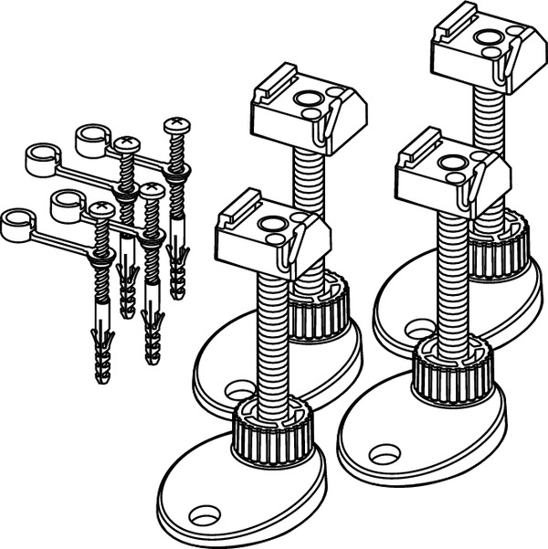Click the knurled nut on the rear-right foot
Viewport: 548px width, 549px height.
501,247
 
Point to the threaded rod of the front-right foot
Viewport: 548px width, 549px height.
448,274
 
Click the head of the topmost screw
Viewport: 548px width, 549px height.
175,124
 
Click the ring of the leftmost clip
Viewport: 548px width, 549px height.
16,224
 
